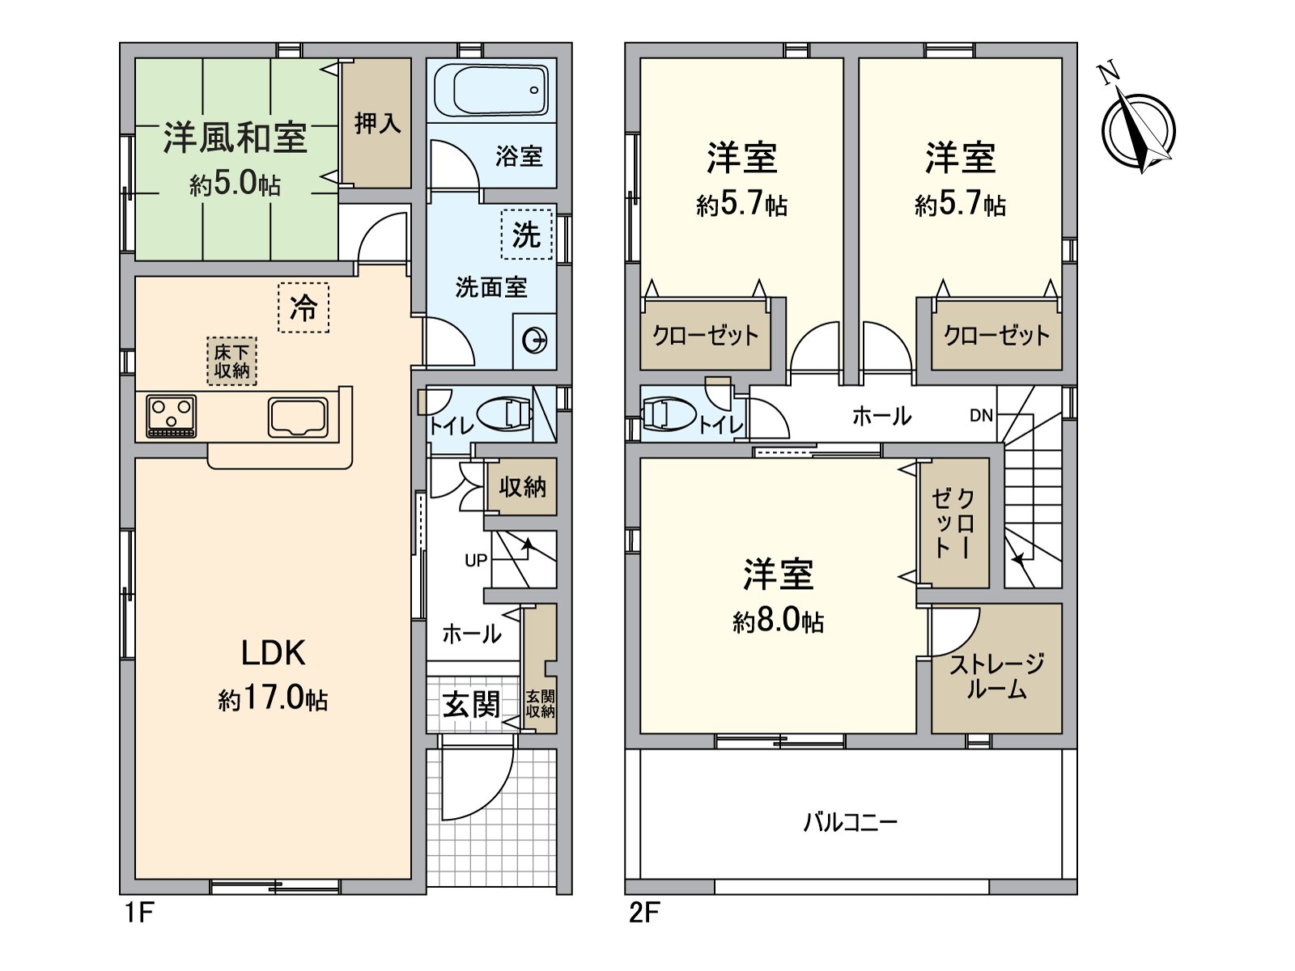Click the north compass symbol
tap(1138, 129)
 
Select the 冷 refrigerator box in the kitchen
tap(304, 307)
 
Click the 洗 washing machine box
tap(527, 234)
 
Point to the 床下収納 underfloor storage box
tap(231, 362)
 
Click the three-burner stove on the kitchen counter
tap(172, 416)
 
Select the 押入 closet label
tap(378, 124)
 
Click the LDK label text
tap(273, 653)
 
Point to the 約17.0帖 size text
tap(273, 699)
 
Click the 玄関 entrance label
tap(472, 704)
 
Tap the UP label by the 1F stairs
tap(476, 560)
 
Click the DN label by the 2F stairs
tap(981, 416)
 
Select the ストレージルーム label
tap(996, 676)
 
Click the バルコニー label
tap(850, 822)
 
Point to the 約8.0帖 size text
tap(778, 621)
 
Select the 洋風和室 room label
tap(235, 138)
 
